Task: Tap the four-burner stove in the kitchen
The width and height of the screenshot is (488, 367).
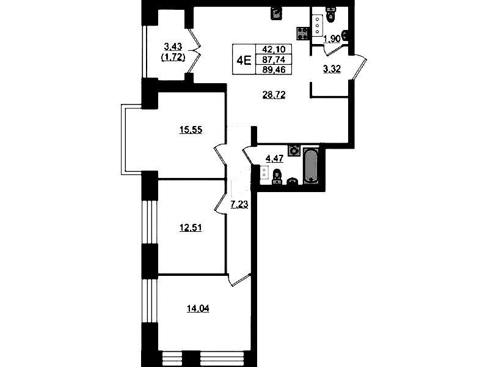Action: tap(302, 33)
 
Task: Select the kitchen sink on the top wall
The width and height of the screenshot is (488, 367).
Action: tap(275, 13)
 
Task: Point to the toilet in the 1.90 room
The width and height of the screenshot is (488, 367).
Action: tap(330, 15)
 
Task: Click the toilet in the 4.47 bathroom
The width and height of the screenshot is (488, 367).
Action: tap(276, 177)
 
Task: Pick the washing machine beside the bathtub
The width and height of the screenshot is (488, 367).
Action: tap(294, 150)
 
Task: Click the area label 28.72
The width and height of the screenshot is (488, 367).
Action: tap(274, 95)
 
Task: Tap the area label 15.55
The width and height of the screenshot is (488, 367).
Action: tap(191, 130)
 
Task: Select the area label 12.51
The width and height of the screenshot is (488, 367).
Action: tap(191, 228)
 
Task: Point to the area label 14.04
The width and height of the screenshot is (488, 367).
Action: tap(198, 309)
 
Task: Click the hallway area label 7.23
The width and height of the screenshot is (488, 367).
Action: tap(239, 204)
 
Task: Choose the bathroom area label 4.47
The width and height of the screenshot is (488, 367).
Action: tap(274, 158)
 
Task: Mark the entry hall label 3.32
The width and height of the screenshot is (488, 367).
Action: tap(332, 69)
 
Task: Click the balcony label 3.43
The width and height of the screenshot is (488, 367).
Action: tap(173, 47)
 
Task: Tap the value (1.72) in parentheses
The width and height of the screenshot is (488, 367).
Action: tap(173, 57)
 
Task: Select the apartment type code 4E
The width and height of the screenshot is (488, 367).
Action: tap(244, 60)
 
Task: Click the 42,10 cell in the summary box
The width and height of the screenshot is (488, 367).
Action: tap(274, 50)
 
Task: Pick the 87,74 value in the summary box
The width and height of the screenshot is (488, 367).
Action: tap(274, 59)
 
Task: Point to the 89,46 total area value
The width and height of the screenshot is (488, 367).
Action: tap(274, 70)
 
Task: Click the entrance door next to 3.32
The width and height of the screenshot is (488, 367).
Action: tap(359, 67)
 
